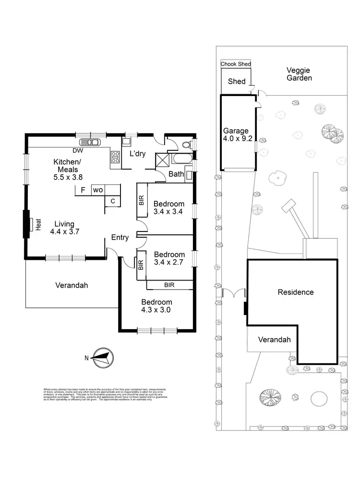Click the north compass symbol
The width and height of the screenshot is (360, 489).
102,357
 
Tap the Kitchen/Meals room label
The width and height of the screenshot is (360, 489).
68,169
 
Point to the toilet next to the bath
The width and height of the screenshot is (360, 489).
189,145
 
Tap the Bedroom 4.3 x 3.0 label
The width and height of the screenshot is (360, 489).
156,306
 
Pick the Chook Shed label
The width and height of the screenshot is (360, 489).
236,64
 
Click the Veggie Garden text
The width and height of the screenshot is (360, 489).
299,74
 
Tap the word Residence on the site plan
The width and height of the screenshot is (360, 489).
296,292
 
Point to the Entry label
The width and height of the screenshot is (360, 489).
120,237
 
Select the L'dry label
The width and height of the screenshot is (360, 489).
138,154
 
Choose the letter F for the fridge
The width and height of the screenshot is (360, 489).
83,190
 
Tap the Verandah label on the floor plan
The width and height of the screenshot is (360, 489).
72,285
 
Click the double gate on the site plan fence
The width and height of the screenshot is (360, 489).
234,293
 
